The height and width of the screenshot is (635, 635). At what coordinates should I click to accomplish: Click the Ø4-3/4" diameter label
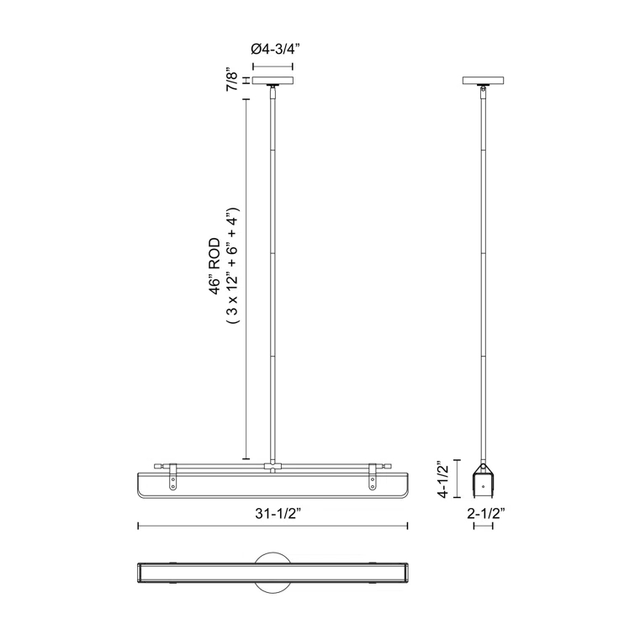[x=273, y=49]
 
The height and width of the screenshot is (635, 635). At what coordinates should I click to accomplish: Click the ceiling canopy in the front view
[x=273, y=82]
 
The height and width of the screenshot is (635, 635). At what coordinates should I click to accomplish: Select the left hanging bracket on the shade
[x=173, y=479]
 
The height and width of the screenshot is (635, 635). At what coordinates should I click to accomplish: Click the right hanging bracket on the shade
[x=373, y=479]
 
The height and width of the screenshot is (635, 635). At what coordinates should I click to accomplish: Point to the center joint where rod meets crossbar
[x=273, y=465]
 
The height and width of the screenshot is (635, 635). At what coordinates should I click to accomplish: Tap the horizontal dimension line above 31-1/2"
[x=273, y=527]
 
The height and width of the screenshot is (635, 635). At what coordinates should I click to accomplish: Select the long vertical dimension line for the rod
[x=246, y=278]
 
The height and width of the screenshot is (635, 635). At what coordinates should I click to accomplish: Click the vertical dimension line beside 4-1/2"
[x=457, y=479]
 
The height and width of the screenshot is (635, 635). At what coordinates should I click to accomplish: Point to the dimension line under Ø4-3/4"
[x=273, y=63]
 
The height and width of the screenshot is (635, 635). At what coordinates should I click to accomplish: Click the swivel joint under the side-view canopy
[x=483, y=92]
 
